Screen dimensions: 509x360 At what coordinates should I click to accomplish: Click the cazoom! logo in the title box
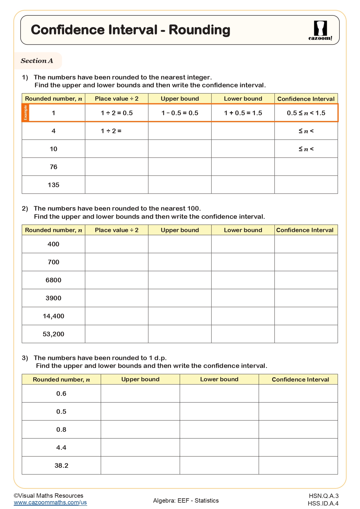click(320, 30)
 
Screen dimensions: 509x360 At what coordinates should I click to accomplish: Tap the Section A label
click(37, 61)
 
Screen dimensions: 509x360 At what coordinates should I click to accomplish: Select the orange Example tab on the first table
click(25, 113)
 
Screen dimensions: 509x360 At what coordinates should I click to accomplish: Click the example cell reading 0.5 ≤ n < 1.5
click(306, 113)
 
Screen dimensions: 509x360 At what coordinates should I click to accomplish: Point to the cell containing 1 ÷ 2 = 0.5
click(117, 113)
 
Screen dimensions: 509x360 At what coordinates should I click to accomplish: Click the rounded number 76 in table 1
click(53, 167)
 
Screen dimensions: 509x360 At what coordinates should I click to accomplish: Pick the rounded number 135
click(53, 185)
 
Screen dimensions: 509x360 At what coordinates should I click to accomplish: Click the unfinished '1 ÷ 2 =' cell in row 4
click(111, 131)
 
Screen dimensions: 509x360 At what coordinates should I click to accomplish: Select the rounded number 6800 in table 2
click(53, 280)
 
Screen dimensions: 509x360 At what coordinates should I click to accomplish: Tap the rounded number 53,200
click(53, 334)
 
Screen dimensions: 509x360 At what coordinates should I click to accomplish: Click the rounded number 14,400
click(53, 316)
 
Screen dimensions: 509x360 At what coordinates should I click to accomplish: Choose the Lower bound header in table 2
click(243, 230)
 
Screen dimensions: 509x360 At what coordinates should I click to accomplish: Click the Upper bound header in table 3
click(140, 379)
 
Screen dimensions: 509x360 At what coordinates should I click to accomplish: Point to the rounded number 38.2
click(61, 465)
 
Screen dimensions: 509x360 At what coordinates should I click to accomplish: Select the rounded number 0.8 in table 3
click(61, 429)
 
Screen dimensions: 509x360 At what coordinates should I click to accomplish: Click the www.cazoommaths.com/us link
click(50, 502)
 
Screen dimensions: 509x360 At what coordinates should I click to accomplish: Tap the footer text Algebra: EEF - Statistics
click(186, 500)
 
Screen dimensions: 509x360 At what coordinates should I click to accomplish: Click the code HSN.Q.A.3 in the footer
click(323, 496)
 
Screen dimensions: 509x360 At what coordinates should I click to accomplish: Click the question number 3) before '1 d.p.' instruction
click(25, 358)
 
